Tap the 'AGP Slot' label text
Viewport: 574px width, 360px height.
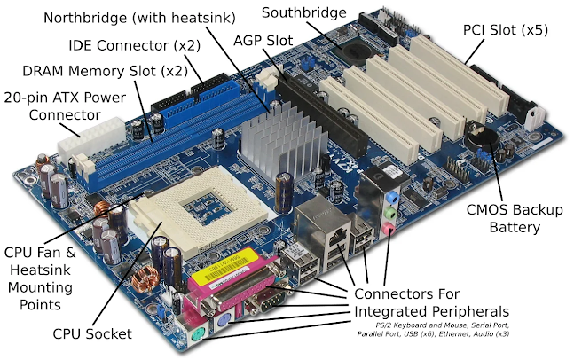click(263, 40)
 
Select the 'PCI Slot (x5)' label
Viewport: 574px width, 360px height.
click(506, 30)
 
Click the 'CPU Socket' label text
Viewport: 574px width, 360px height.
click(92, 333)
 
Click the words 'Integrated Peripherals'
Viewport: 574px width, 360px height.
click(432, 312)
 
